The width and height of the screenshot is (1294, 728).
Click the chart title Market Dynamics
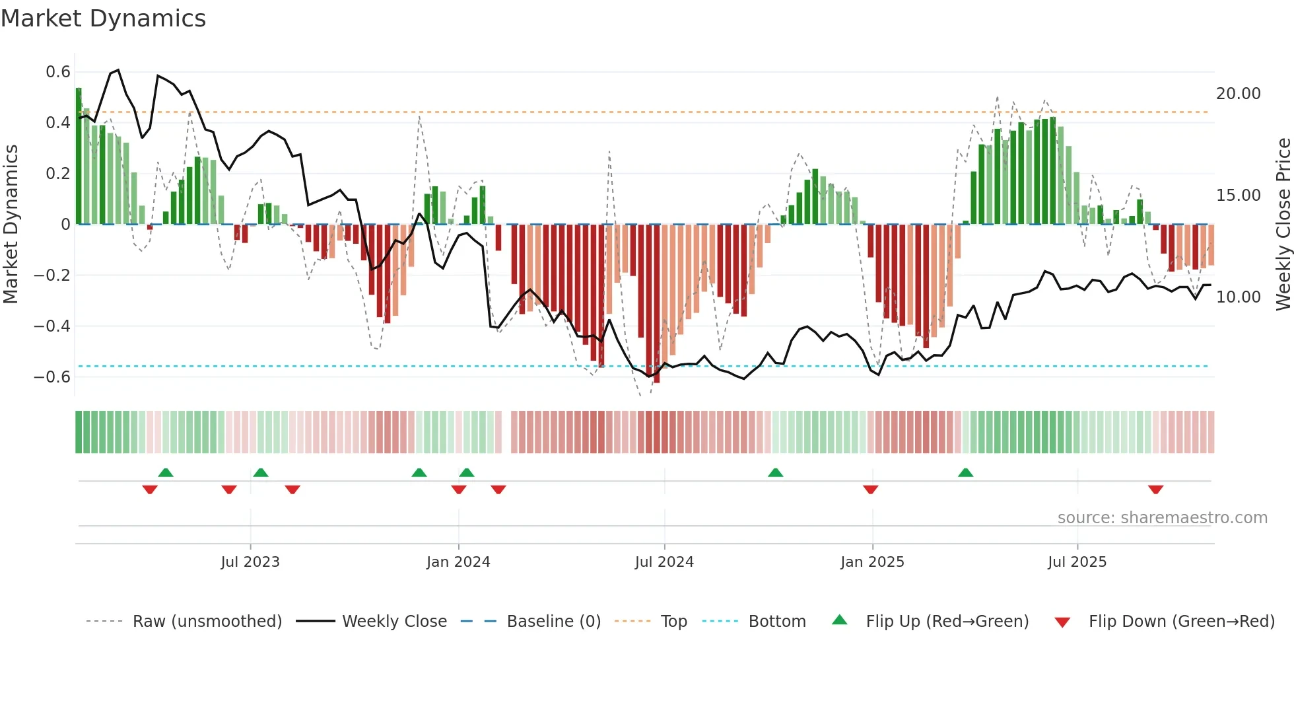104,18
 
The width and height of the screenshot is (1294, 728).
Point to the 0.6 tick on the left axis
58,71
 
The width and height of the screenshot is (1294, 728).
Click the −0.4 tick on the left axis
52,326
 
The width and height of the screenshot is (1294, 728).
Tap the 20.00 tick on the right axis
1238,94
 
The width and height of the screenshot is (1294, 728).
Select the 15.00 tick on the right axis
1238,196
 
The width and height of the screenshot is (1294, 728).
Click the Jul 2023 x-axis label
250,562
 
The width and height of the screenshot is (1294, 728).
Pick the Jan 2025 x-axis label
872,562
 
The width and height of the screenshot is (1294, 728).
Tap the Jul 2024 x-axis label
664,562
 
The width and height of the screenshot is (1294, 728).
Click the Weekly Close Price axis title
1283,225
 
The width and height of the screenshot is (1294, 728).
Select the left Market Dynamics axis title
11,225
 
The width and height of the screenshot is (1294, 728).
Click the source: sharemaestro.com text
1162,518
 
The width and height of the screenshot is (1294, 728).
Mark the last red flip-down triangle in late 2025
1155,490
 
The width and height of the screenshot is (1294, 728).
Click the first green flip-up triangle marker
166,472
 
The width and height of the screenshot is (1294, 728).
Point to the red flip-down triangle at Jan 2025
870,490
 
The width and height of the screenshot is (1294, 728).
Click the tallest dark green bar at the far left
79,156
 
